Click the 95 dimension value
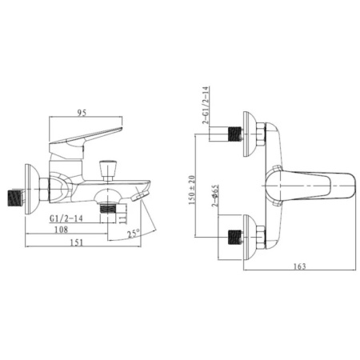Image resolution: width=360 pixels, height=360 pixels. (82, 113)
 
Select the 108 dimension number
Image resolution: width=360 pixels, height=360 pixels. (62, 229)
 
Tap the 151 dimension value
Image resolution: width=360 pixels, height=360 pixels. (77, 242)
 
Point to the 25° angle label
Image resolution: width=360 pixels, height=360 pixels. (133, 234)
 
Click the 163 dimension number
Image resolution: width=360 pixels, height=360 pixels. (300, 266)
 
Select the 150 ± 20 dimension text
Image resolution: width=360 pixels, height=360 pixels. (192, 190)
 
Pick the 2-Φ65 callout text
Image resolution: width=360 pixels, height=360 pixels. (215, 195)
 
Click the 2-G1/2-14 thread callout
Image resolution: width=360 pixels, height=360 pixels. (206, 105)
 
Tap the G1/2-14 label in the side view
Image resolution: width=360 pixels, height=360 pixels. (66, 218)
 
